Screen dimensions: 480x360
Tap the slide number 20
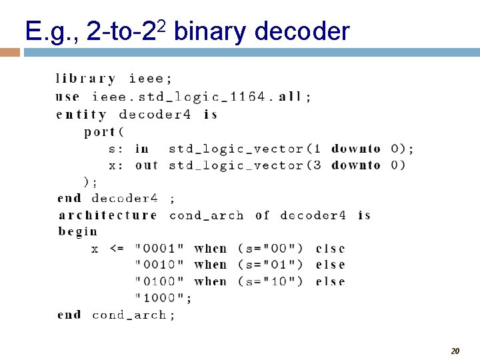(x=455, y=351)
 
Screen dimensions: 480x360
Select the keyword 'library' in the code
(x=85, y=79)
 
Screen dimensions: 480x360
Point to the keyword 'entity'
(x=81, y=115)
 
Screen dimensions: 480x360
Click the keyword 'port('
(x=100, y=132)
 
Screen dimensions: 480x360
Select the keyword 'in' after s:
(x=142, y=149)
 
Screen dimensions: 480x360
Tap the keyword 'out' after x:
(x=147, y=165)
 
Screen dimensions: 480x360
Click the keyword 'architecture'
(x=108, y=215)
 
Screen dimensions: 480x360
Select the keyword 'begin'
(x=78, y=232)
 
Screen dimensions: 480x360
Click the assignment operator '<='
(x=116, y=249)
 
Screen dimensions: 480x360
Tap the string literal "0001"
(x=160, y=249)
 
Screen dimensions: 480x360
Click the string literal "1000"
(x=160, y=298)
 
